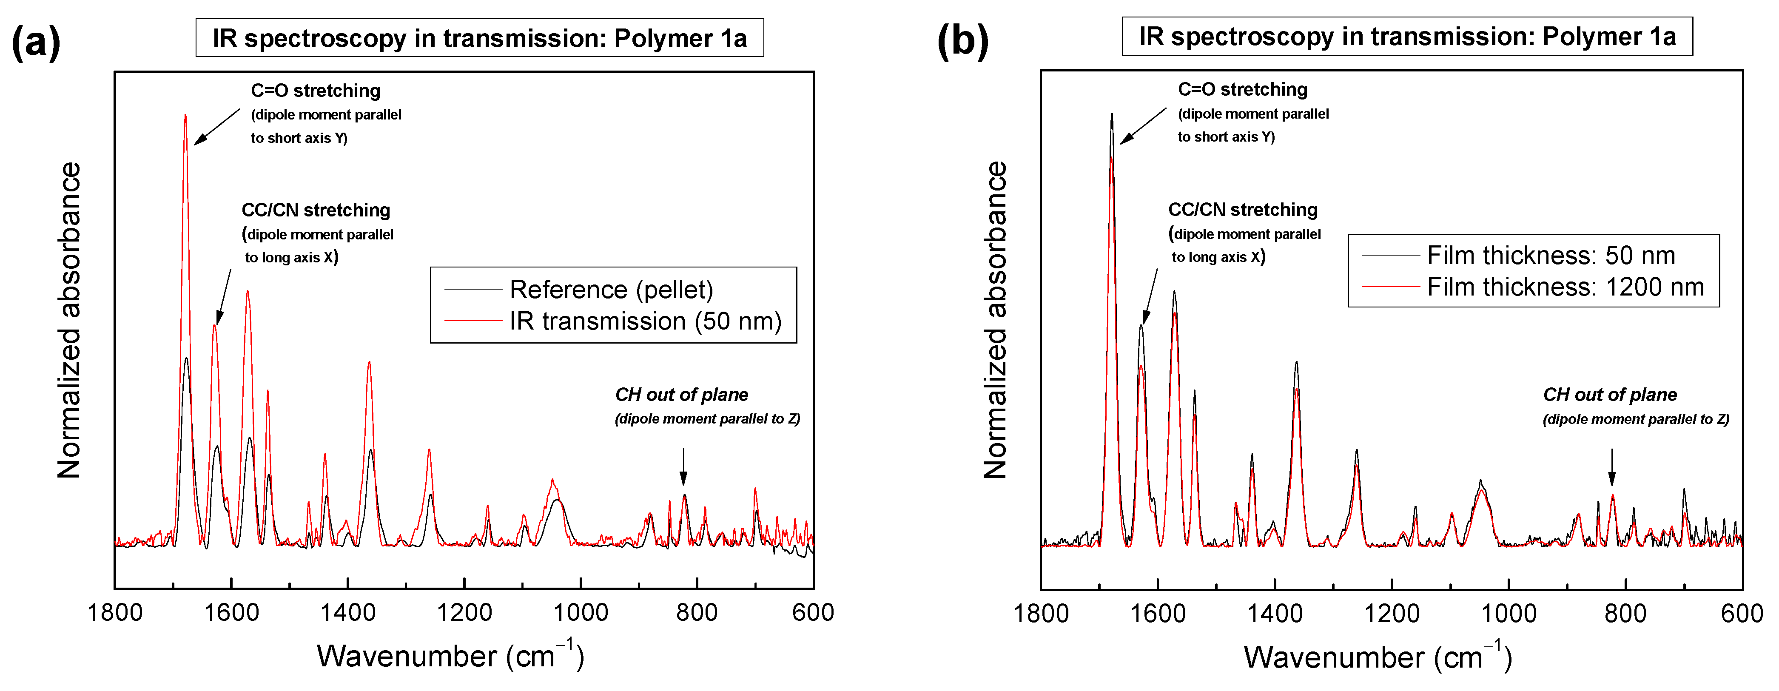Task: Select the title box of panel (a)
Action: (x=479, y=38)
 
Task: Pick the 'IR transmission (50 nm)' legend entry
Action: (x=645, y=321)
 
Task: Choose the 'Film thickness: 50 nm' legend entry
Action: (x=1551, y=256)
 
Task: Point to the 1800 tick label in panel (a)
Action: (x=115, y=612)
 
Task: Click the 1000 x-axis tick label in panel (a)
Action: (x=581, y=612)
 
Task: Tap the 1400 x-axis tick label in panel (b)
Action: (x=1274, y=613)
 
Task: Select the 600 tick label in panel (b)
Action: (x=1742, y=613)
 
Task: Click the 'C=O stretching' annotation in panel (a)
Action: (x=316, y=91)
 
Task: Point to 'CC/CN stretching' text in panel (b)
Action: (x=1242, y=210)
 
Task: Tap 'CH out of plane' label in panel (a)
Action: (x=682, y=395)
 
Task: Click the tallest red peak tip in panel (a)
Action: (x=185, y=115)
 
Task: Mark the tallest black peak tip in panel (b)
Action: (x=1112, y=114)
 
